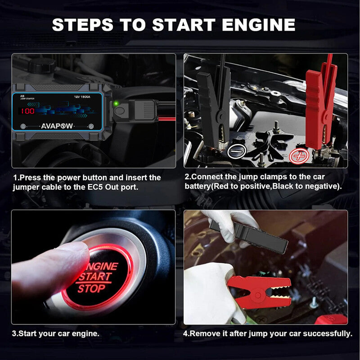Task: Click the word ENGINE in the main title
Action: (x=255, y=24)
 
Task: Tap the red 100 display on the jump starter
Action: (x=27, y=111)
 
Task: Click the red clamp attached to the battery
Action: (x=319, y=108)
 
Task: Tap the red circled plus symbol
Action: (x=297, y=156)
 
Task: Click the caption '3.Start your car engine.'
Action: (x=56, y=333)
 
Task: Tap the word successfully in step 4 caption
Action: (x=327, y=333)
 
